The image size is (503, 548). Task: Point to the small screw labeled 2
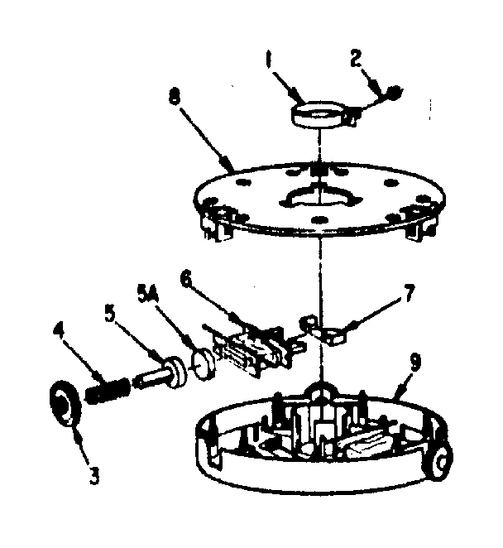click(395, 92)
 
